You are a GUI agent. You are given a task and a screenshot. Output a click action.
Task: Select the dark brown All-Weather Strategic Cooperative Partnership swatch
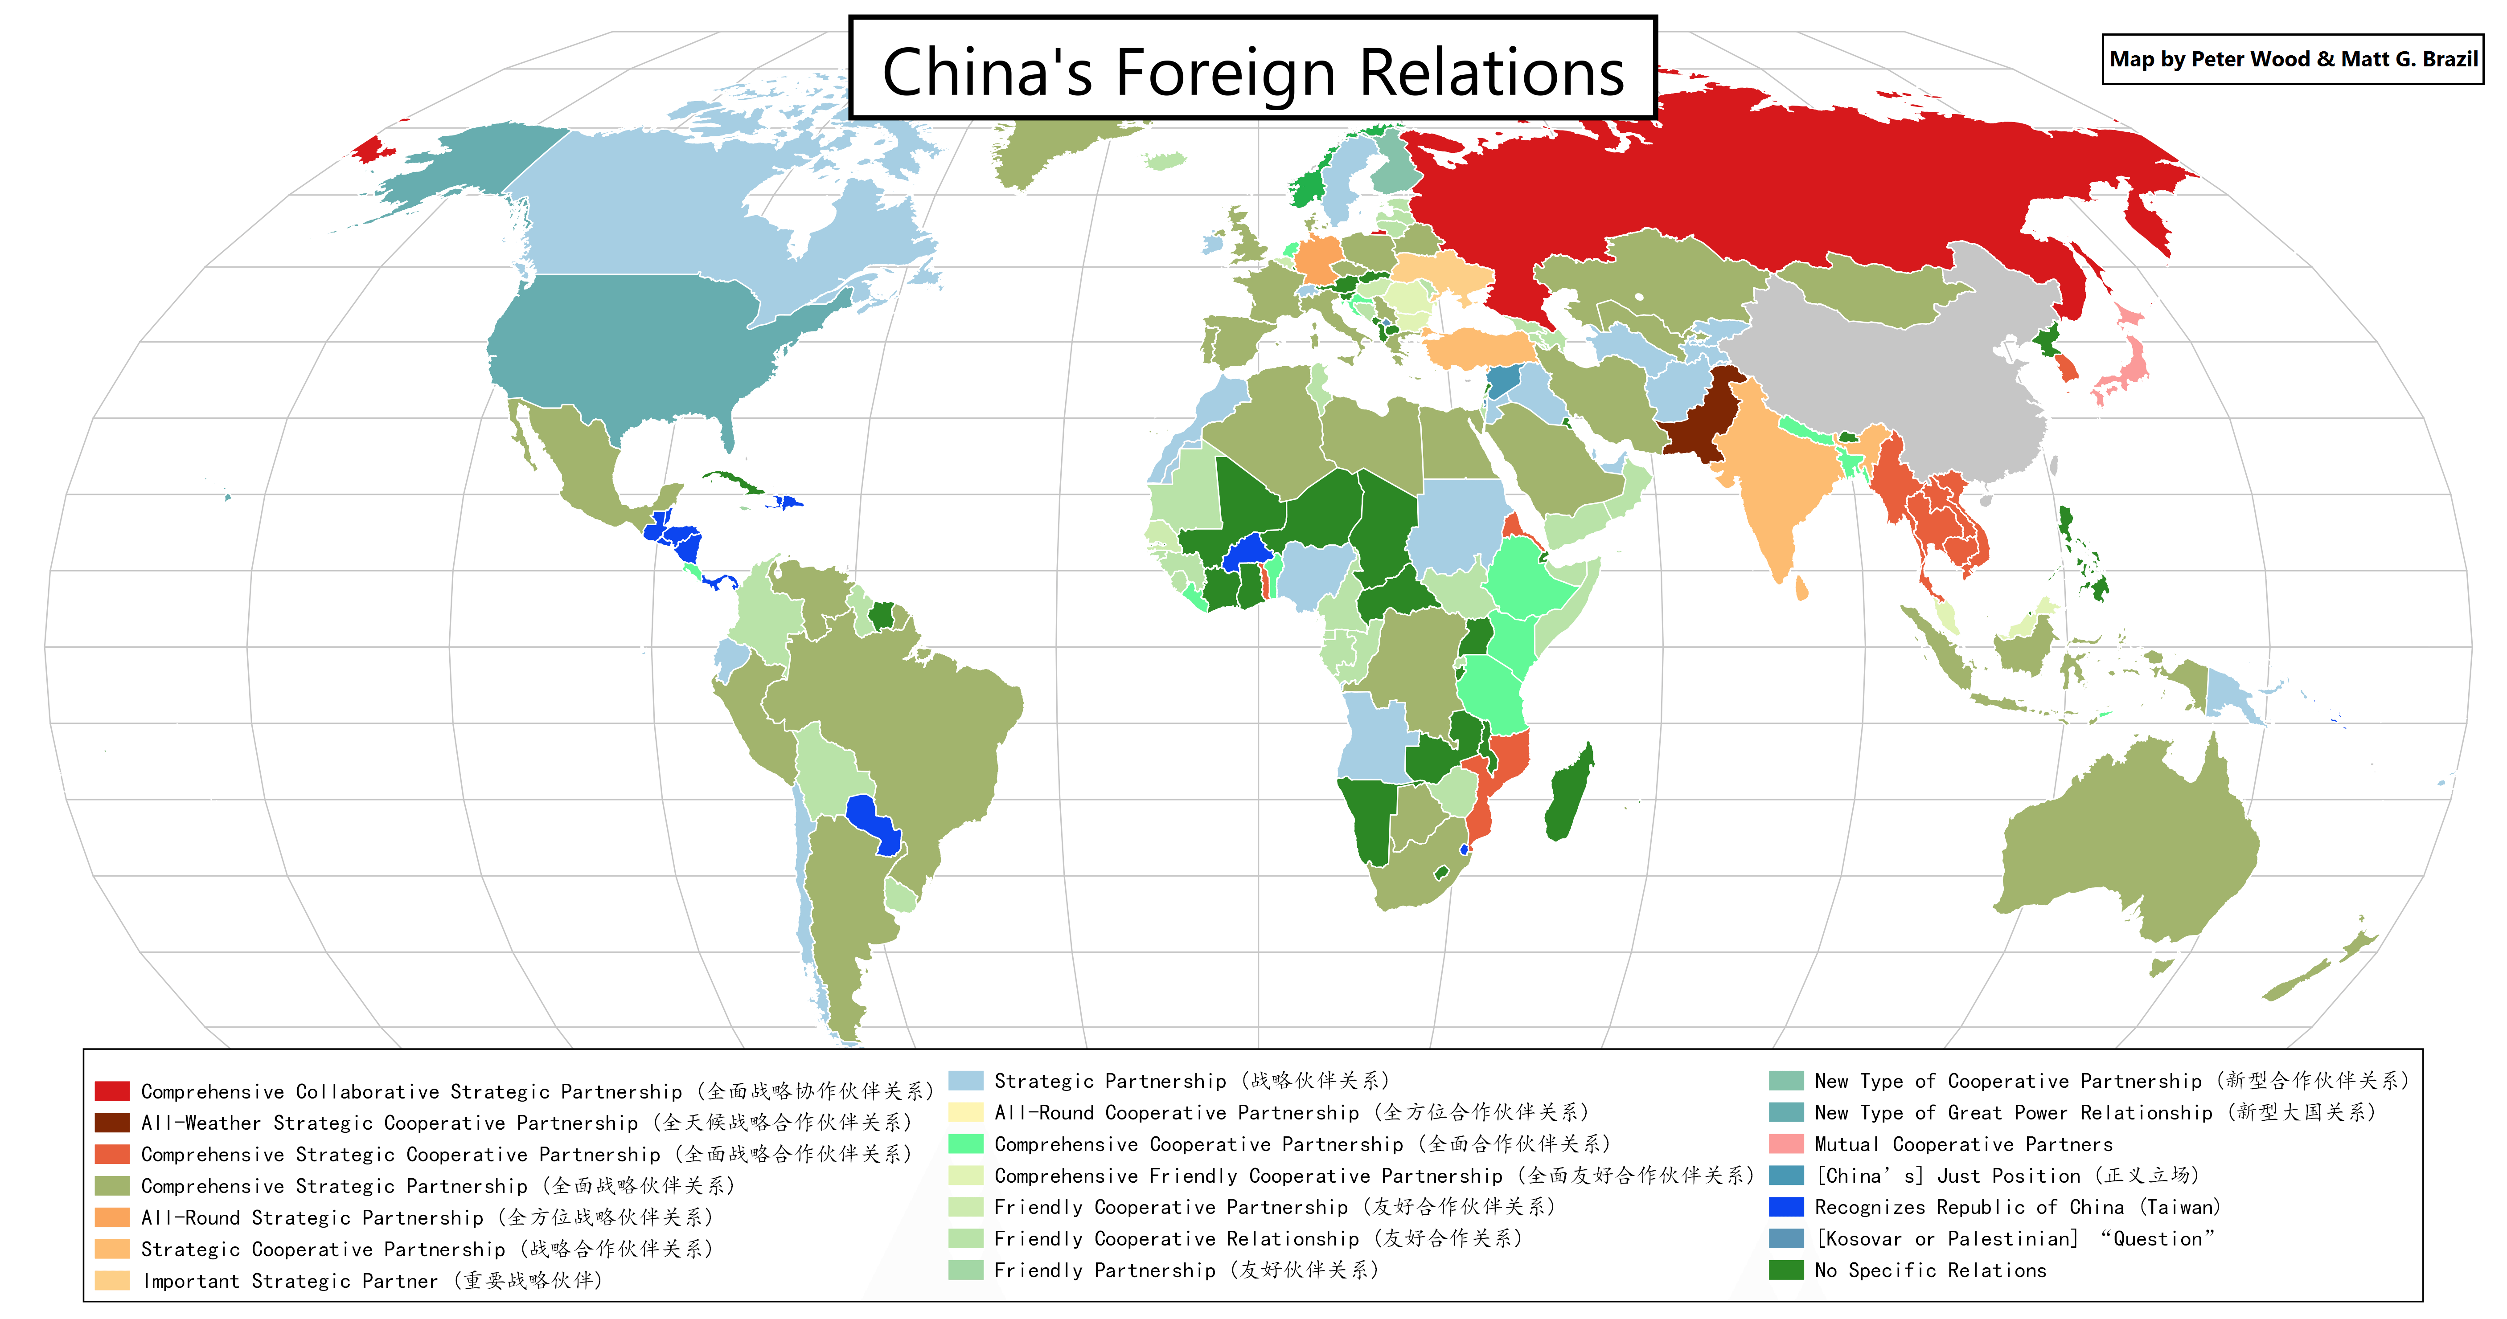click(x=112, y=1123)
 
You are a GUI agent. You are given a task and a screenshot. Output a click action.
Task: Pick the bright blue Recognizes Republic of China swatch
click(x=1786, y=1207)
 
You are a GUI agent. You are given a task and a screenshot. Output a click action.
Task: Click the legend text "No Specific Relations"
click(x=1930, y=1270)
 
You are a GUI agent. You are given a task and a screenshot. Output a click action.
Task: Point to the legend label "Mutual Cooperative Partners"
click(x=1963, y=1144)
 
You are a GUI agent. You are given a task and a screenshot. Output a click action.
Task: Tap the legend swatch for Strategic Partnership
click(x=965, y=1081)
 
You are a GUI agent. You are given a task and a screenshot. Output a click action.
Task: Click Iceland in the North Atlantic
click(x=1165, y=160)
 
